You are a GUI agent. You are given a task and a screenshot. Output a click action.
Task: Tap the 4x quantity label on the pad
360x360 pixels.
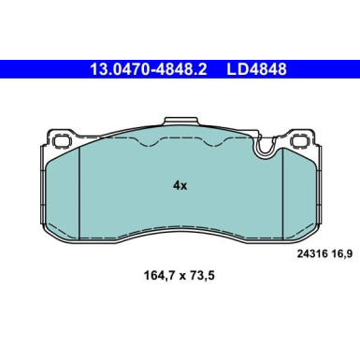180,185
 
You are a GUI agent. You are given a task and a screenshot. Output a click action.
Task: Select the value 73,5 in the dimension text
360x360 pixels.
206,277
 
